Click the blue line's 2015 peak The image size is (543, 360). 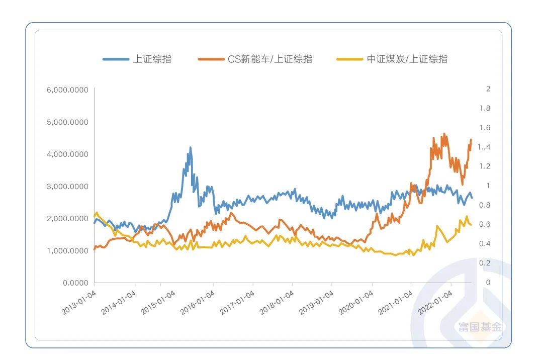(190, 147)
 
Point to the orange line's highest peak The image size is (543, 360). (444, 134)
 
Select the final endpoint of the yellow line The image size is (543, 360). (471, 225)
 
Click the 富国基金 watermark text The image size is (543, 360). (480, 327)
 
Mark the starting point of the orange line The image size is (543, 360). (95, 249)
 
